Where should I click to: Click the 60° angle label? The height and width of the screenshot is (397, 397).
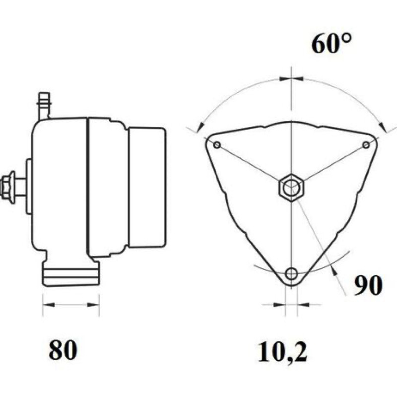(x=331, y=44)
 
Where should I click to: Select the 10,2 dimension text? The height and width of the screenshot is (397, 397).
(x=282, y=352)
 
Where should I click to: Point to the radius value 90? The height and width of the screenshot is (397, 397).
(x=368, y=285)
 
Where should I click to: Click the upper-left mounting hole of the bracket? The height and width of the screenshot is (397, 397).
(x=217, y=145)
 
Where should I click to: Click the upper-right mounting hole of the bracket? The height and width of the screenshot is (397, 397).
(x=366, y=145)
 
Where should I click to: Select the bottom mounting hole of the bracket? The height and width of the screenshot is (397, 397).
(x=292, y=274)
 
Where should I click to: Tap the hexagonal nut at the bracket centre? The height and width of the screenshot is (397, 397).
(x=292, y=188)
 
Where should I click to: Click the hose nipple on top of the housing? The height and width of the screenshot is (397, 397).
(x=44, y=106)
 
